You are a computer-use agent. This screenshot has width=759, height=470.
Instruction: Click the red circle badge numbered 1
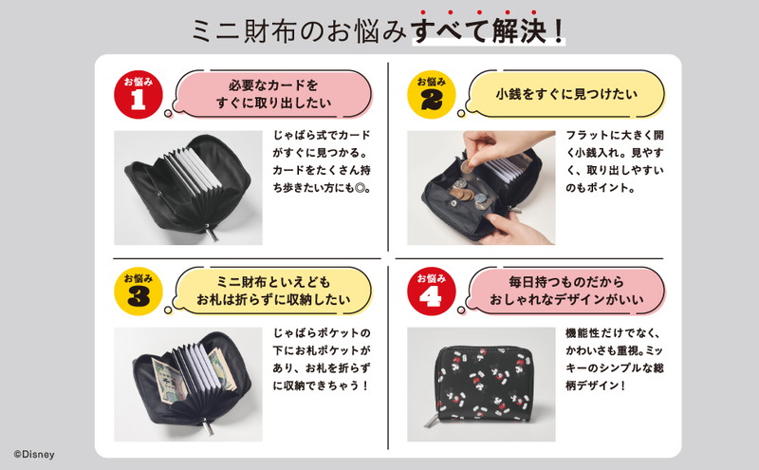point(139,95)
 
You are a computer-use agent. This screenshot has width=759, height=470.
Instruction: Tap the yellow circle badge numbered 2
point(432,95)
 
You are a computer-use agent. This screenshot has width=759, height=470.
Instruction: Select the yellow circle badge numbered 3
point(139,291)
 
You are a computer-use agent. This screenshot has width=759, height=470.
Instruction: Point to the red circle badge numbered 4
point(432,291)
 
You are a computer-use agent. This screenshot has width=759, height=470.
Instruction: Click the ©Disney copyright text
point(34,455)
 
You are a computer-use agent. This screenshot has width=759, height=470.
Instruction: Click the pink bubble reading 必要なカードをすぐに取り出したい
point(273,94)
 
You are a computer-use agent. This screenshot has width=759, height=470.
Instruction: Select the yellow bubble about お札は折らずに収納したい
point(273,291)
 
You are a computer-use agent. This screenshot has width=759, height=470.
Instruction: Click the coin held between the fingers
point(466,167)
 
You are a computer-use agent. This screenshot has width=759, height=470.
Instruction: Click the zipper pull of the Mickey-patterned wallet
point(429,421)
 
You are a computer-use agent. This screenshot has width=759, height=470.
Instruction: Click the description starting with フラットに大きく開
point(615,161)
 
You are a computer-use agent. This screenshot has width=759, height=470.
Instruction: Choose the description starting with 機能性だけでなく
point(614,359)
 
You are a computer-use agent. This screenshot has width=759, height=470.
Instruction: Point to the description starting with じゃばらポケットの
point(322,359)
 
